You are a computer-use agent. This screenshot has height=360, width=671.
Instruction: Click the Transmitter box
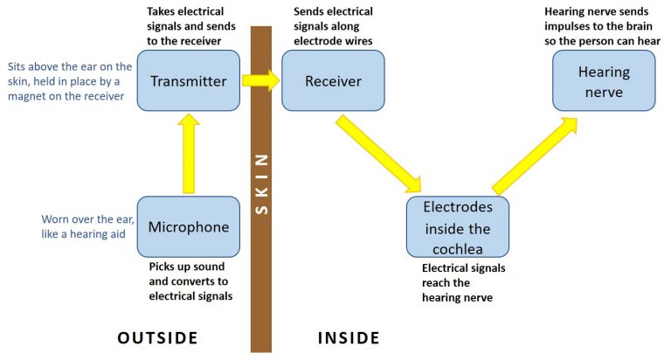pyautogui.click(x=188, y=80)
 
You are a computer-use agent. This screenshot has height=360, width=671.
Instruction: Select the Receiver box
pyautogui.click(x=333, y=80)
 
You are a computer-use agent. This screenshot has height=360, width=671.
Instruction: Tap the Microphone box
pyautogui.click(x=188, y=226)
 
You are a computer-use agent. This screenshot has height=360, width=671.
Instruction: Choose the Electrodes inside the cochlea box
pyautogui.click(x=457, y=226)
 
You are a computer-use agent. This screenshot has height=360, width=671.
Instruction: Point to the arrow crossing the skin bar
pyautogui.click(x=259, y=80)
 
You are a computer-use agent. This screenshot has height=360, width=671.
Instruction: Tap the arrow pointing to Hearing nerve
pyautogui.click(x=535, y=152)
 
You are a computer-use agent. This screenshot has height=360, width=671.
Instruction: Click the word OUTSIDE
pyautogui.click(x=157, y=337)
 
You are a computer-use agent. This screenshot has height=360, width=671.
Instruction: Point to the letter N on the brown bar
pyautogui.click(x=260, y=160)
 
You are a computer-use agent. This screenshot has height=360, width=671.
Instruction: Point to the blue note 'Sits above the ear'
pyautogui.click(x=71, y=81)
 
